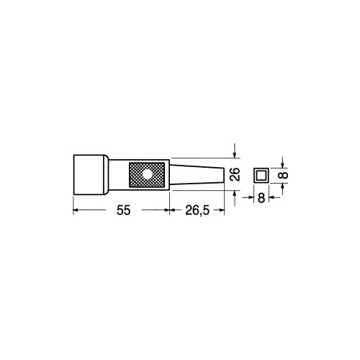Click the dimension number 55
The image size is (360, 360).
click(123, 210)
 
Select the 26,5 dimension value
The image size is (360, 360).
click(197, 210)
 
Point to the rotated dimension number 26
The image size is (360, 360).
click(235, 174)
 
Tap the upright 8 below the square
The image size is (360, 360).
click(261, 198)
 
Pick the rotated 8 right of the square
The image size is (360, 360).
click(284, 175)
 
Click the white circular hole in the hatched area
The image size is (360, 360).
click(147, 174)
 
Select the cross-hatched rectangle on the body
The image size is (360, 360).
click(147, 175)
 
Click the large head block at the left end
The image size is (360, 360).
click(91, 175)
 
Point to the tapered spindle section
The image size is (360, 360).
click(197, 175)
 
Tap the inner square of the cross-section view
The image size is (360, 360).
click(261, 175)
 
